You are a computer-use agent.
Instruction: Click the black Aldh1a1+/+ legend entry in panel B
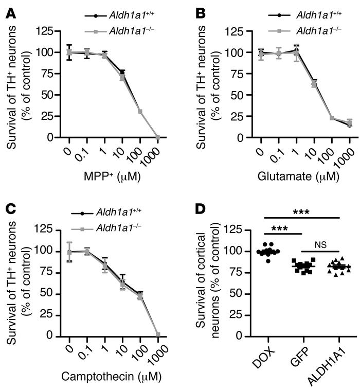coord(315,13)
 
